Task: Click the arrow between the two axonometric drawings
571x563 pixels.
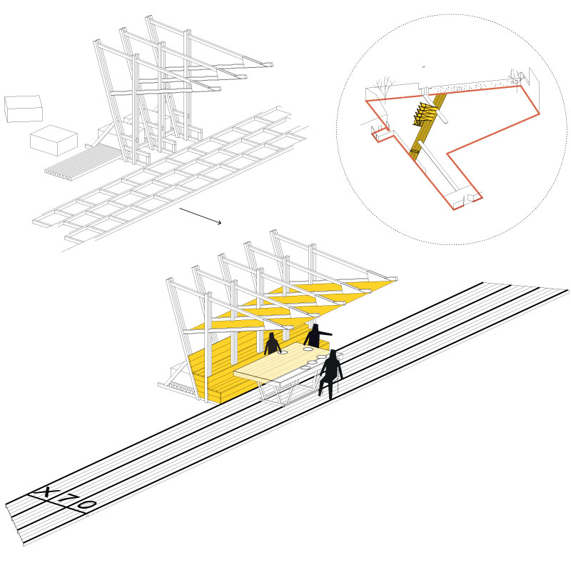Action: (x=201, y=216)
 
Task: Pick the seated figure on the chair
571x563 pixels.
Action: (x=330, y=374)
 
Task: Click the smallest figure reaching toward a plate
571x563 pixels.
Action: (x=273, y=344)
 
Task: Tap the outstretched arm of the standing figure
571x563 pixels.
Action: (x=325, y=333)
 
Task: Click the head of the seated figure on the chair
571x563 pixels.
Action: (x=333, y=354)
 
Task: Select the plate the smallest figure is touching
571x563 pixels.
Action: (x=283, y=353)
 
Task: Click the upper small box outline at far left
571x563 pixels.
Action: (x=24, y=109)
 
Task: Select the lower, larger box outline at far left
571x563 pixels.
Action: (x=54, y=141)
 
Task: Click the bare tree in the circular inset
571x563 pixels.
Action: (x=385, y=86)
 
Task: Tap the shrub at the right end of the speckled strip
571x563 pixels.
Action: (x=516, y=74)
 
